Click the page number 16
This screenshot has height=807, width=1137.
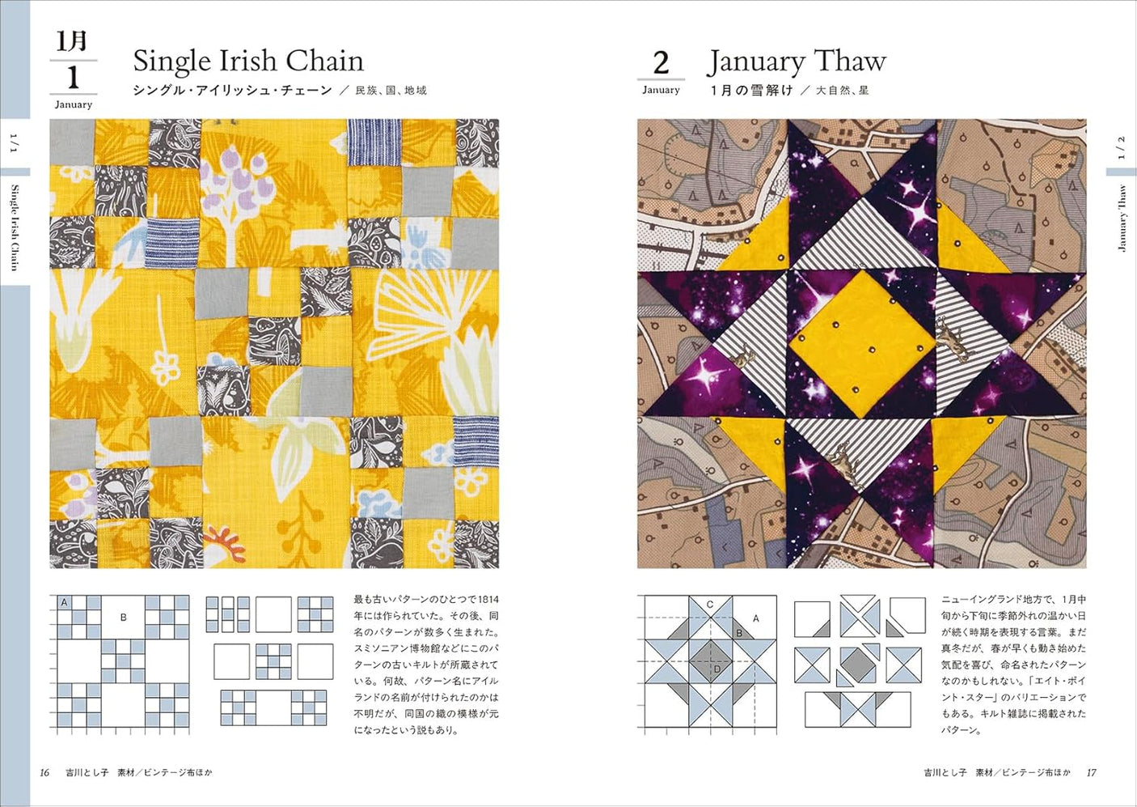click(x=44, y=773)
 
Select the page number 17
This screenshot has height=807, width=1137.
click(x=1091, y=773)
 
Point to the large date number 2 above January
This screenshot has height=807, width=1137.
click(x=661, y=63)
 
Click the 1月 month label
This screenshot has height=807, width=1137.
click(x=72, y=41)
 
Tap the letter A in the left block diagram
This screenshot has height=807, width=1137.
click(x=64, y=602)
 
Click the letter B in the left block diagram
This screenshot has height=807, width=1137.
click(x=123, y=618)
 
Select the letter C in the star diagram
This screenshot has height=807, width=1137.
click(x=709, y=605)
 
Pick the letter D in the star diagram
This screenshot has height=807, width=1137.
click(x=716, y=669)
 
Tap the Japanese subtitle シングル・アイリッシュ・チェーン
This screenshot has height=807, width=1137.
click(x=232, y=91)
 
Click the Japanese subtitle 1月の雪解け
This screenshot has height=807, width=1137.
click(x=751, y=91)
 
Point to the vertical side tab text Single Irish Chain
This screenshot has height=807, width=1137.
click(x=15, y=227)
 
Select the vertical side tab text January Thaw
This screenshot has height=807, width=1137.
click(x=1122, y=219)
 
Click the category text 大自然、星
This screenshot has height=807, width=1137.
click(x=842, y=91)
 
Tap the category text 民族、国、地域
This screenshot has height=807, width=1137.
click(x=391, y=91)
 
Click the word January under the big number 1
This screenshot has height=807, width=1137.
click(x=73, y=104)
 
